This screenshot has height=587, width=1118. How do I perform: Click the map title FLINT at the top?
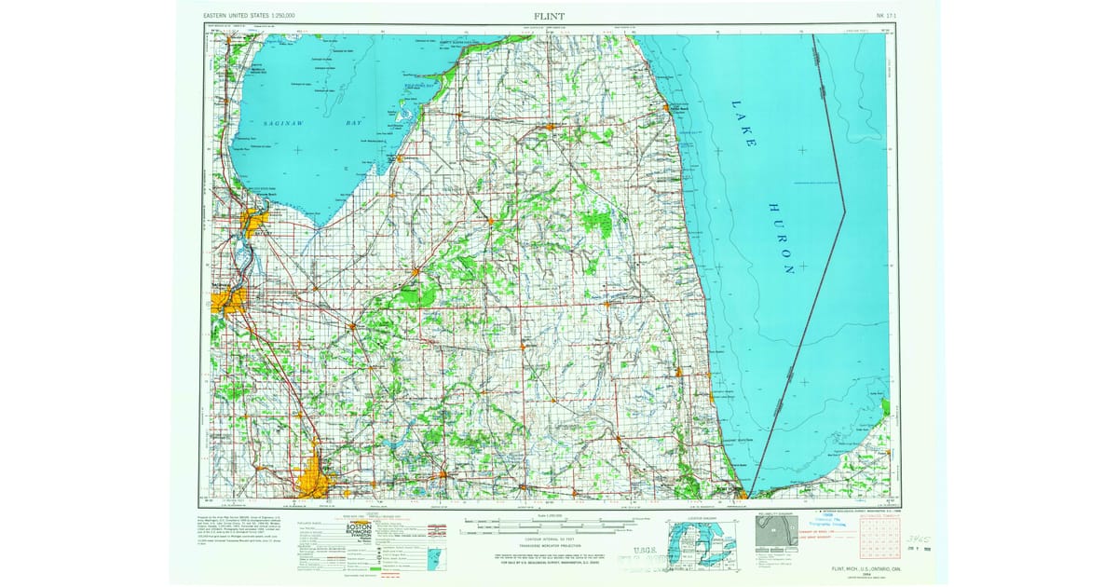[549, 16]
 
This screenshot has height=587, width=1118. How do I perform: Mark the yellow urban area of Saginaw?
[228, 300]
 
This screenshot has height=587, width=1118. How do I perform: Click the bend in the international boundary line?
[844, 212]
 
